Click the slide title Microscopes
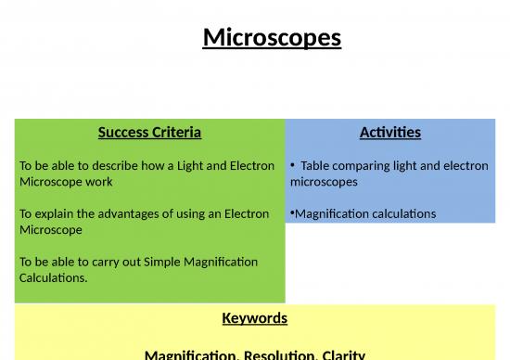272,38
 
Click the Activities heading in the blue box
389,132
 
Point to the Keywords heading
254,318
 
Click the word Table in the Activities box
316,166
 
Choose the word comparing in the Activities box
365,166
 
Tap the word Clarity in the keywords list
342,354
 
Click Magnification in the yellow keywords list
191,354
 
